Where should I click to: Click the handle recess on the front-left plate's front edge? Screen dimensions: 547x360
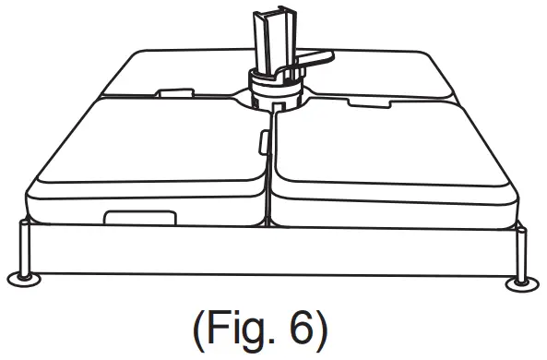point(140,217)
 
